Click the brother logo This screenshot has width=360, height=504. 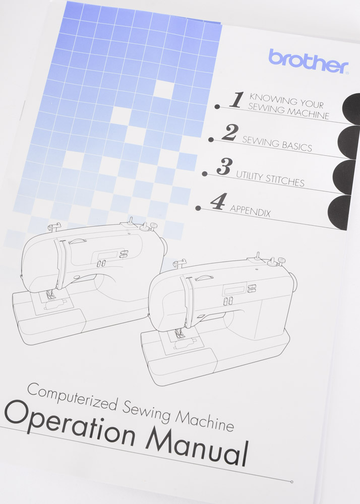tap(308, 61)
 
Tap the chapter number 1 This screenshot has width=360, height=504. tap(236, 100)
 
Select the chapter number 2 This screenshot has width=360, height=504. tap(230, 133)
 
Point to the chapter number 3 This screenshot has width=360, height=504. tap(223, 167)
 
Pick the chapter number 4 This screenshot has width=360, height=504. tap(217, 201)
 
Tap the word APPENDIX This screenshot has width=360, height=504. tap(250, 211)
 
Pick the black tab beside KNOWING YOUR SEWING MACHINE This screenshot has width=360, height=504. tap(351, 108)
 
